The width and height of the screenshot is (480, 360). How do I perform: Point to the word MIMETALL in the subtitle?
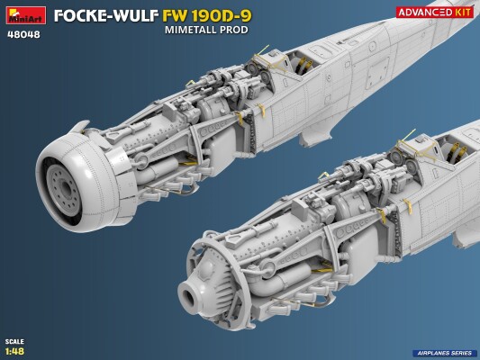coord(190,31)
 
